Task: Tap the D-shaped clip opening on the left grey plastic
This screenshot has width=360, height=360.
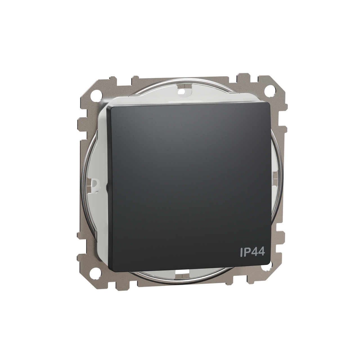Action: (x=95, y=183)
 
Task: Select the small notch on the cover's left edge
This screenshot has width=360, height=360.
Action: (x=107, y=186)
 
